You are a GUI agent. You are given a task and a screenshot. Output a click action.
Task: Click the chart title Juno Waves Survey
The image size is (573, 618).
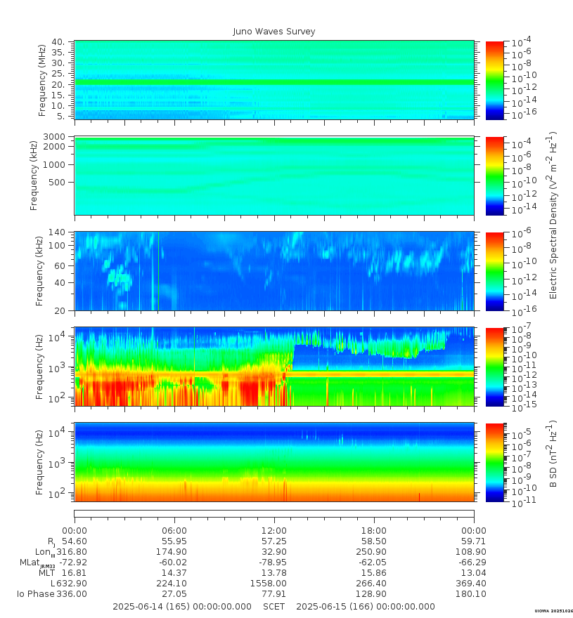coord(274,32)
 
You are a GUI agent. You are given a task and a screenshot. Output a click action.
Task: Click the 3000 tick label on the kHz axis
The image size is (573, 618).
coord(54,137)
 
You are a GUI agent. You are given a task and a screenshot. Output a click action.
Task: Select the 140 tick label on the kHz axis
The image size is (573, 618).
coord(57,232)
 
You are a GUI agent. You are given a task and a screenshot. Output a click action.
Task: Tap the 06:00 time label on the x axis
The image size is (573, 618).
coord(174,530)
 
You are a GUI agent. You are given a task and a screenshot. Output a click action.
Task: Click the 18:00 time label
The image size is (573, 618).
coord(374,530)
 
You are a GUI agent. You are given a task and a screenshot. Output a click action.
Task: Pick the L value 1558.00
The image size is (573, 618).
coord(269,584)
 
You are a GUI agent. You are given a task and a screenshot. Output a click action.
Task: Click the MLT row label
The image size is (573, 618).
coord(46,572)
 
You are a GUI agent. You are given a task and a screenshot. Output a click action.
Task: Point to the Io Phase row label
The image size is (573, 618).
coord(36,594)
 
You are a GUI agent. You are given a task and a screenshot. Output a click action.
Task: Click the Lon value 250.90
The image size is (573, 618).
coord(371,552)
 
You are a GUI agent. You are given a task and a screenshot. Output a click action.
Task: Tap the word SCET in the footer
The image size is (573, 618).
coord(273,607)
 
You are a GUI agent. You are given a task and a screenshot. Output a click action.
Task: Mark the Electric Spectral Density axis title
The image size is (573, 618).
coord(553,215)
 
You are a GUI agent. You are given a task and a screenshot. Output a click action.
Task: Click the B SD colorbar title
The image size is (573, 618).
coord(553,454)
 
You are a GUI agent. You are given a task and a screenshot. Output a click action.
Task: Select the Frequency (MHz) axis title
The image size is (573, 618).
coord(41,80)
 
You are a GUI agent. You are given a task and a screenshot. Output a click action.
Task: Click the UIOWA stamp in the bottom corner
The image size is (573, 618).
coord(553,611)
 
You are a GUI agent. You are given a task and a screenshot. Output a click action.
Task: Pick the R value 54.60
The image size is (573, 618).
coord(75,541)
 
